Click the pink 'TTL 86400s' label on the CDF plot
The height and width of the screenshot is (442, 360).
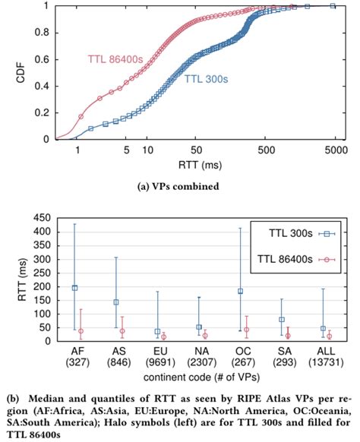point(113,58)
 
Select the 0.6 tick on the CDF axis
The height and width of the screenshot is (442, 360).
point(45,59)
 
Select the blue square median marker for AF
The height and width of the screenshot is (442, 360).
point(74,288)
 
